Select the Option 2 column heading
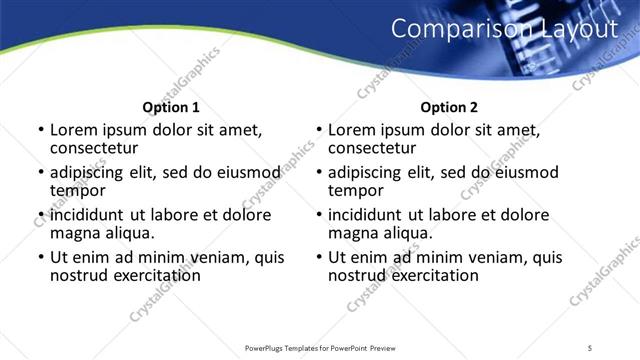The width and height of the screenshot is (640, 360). pyautogui.click(x=450, y=107)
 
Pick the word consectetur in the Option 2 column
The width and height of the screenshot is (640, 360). pyautogui.click(x=372, y=148)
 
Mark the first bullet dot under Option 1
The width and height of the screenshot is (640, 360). pyautogui.click(x=40, y=130)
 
